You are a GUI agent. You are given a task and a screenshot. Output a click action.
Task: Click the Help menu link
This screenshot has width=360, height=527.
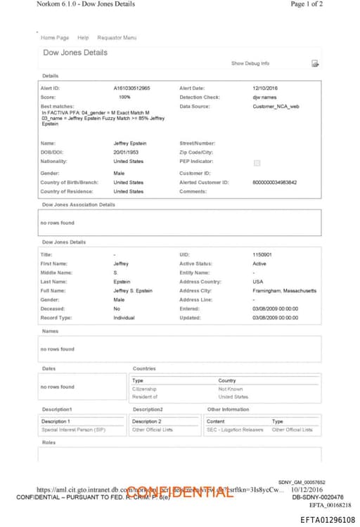pos(83,37)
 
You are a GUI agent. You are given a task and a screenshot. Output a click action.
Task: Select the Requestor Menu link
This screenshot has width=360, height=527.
pos(117,37)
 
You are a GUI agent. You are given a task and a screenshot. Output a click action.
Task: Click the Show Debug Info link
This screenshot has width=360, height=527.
pos(250,63)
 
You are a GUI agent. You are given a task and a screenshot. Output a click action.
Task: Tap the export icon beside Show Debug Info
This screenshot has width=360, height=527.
pos(315,64)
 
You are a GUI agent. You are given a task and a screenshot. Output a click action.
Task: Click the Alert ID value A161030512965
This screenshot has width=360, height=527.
pos(131,88)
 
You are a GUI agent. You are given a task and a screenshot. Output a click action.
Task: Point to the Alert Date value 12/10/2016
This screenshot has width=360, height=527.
pos(265,88)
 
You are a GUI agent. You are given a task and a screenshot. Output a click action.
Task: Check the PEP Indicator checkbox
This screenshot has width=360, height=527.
pos(257,162)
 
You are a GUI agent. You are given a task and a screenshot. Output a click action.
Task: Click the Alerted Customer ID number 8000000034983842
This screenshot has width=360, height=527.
pos(274,182)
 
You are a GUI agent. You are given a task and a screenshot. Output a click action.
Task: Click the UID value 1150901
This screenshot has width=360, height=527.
pos(262,254)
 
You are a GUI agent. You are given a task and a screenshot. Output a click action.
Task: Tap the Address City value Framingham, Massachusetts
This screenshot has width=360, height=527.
pos(284,290)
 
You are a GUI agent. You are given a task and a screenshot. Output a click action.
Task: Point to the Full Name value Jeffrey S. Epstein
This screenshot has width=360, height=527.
pos(133,290)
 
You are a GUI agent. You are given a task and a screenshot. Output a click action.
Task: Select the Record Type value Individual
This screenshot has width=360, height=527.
pos(124,318)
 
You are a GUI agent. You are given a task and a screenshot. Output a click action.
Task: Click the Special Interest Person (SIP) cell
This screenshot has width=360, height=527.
pos(73,429)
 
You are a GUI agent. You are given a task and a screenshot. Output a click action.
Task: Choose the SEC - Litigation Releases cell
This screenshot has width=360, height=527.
pos(234,429)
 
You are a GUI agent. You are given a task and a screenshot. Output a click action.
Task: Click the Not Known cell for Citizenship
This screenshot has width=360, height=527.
pos(231,389)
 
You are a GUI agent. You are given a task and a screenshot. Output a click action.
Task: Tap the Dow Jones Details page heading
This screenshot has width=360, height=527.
pos(75,53)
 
